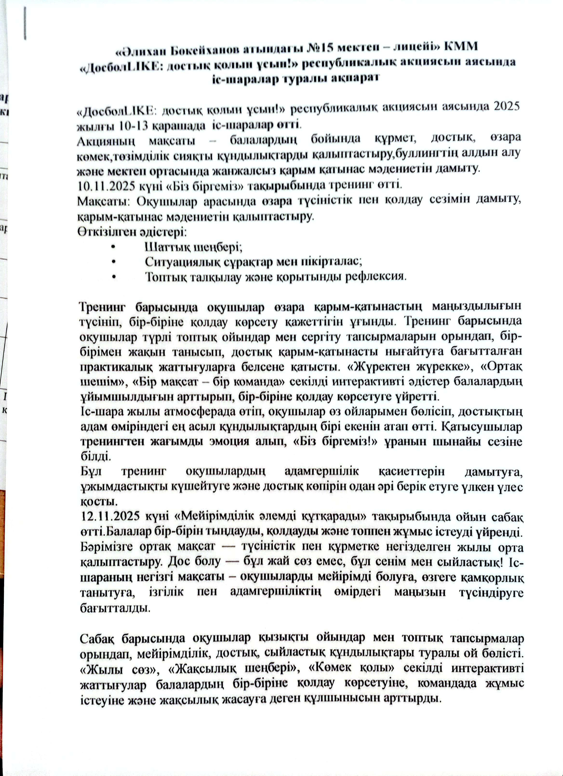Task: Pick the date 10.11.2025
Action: tap(107, 186)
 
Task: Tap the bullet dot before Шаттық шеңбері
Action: tap(113, 247)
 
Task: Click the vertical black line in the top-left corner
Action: tap(25, 23)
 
